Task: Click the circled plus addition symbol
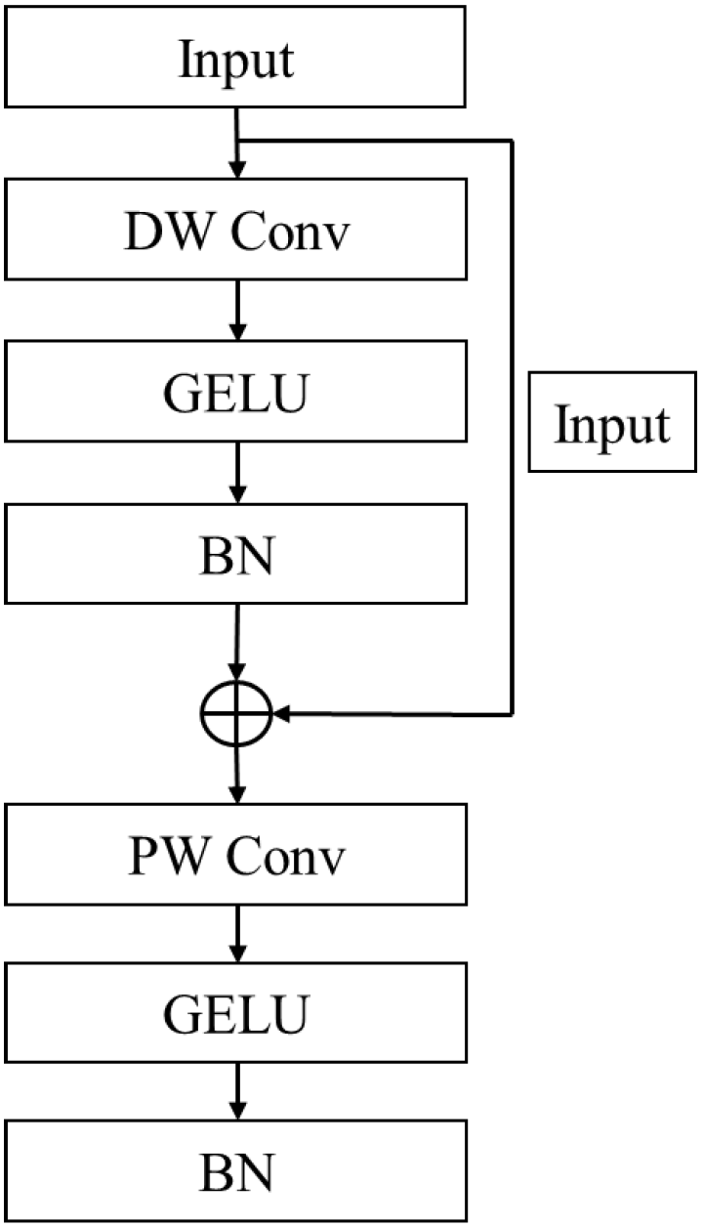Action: [235, 715]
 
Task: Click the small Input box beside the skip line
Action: [612, 422]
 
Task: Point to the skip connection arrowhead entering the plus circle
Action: [281, 715]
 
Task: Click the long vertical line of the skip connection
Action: [512, 293]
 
